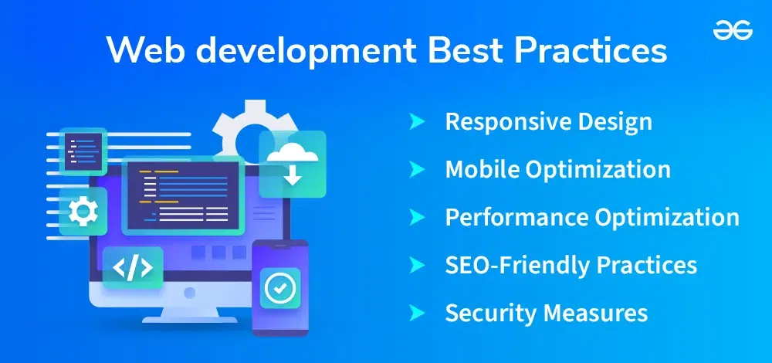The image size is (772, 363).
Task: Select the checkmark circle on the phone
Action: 279,287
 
